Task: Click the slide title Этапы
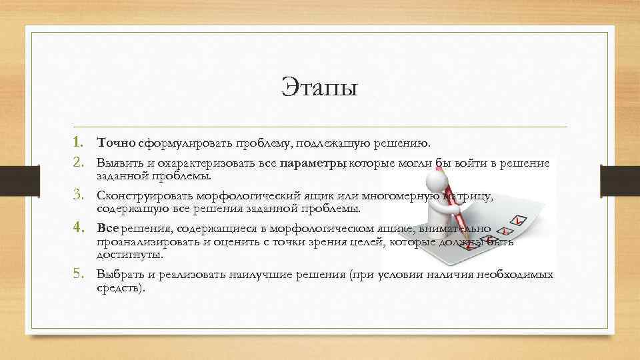319,87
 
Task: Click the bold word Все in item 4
107,228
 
